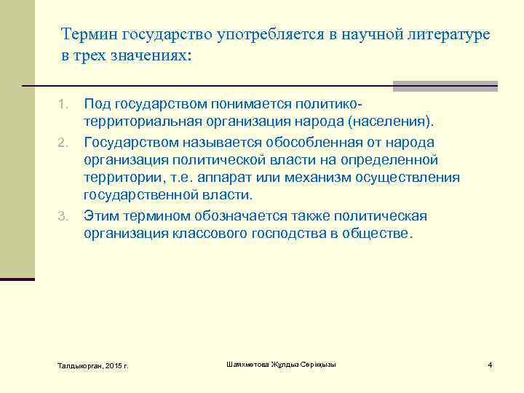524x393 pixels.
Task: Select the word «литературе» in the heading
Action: tap(449, 34)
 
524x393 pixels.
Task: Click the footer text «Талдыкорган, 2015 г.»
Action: tap(92, 365)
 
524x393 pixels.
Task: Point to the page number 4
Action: tap(491, 365)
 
